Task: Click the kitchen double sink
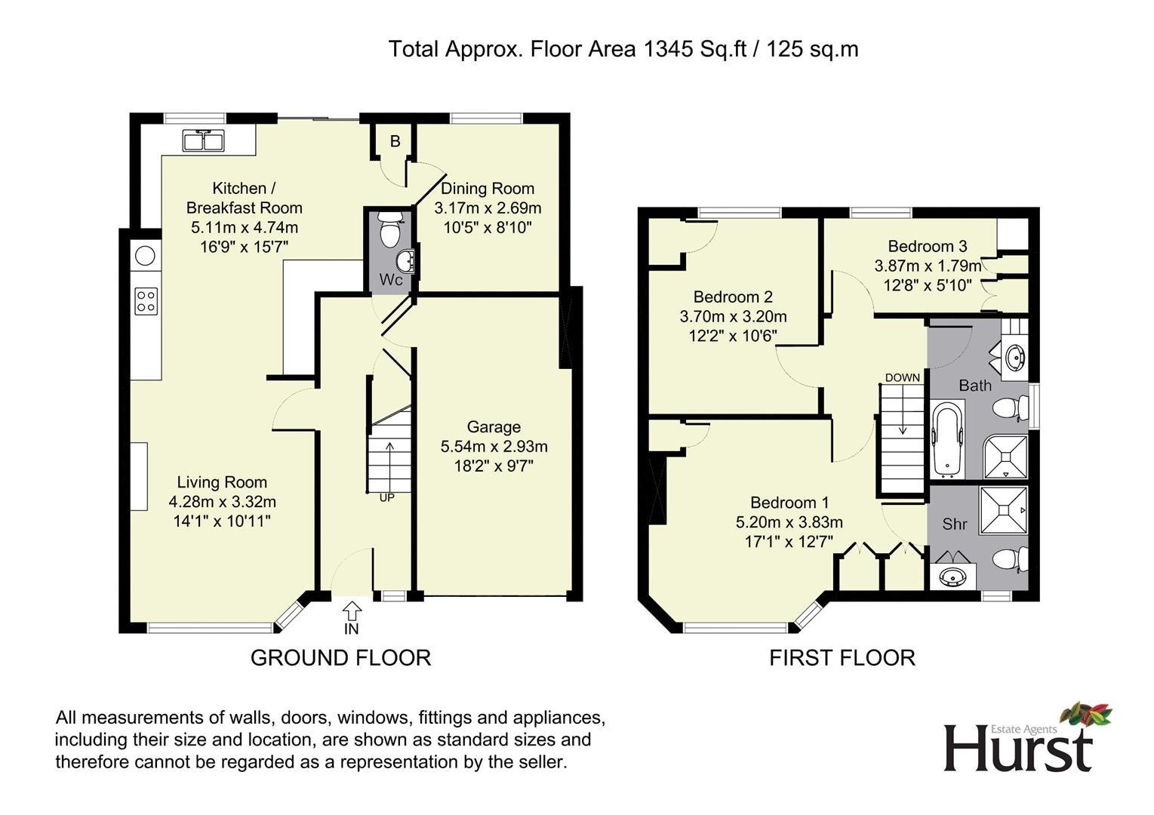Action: pyautogui.click(x=204, y=140)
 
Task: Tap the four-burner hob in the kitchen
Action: pyautogui.click(x=146, y=301)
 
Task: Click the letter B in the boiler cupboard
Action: pyautogui.click(x=395, y=141)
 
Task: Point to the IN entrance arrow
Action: pyautogui.click(x=352, y=610)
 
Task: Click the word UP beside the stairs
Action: pyautogui.click(x=386, y=497)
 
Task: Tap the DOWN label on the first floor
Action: pyautogui.click(x=902, y=377)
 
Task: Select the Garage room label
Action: pyautogui.click(x=494, y=427)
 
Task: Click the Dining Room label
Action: pyautogui.click(x=488, y=189)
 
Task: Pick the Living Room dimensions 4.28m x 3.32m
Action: pyautogui.click(x=223, y=502)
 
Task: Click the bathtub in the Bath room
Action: pyautogui.click(x=947, y=438)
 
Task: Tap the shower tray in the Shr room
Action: pyautogui.click(x=1003, y=510)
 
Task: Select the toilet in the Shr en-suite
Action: pyautogui.click(x=1009, y=559)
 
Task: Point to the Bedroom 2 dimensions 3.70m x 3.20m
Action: pyautogui.click(x=733, y=316)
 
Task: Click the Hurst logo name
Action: pyautogui.click(x=1018, y=748)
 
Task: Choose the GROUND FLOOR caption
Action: pyautogui.click(x=340, y=658)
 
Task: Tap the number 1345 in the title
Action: pyautogui.click(x=668, y=50)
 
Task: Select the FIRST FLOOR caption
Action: pyautogui.click(x=842, y=658)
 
